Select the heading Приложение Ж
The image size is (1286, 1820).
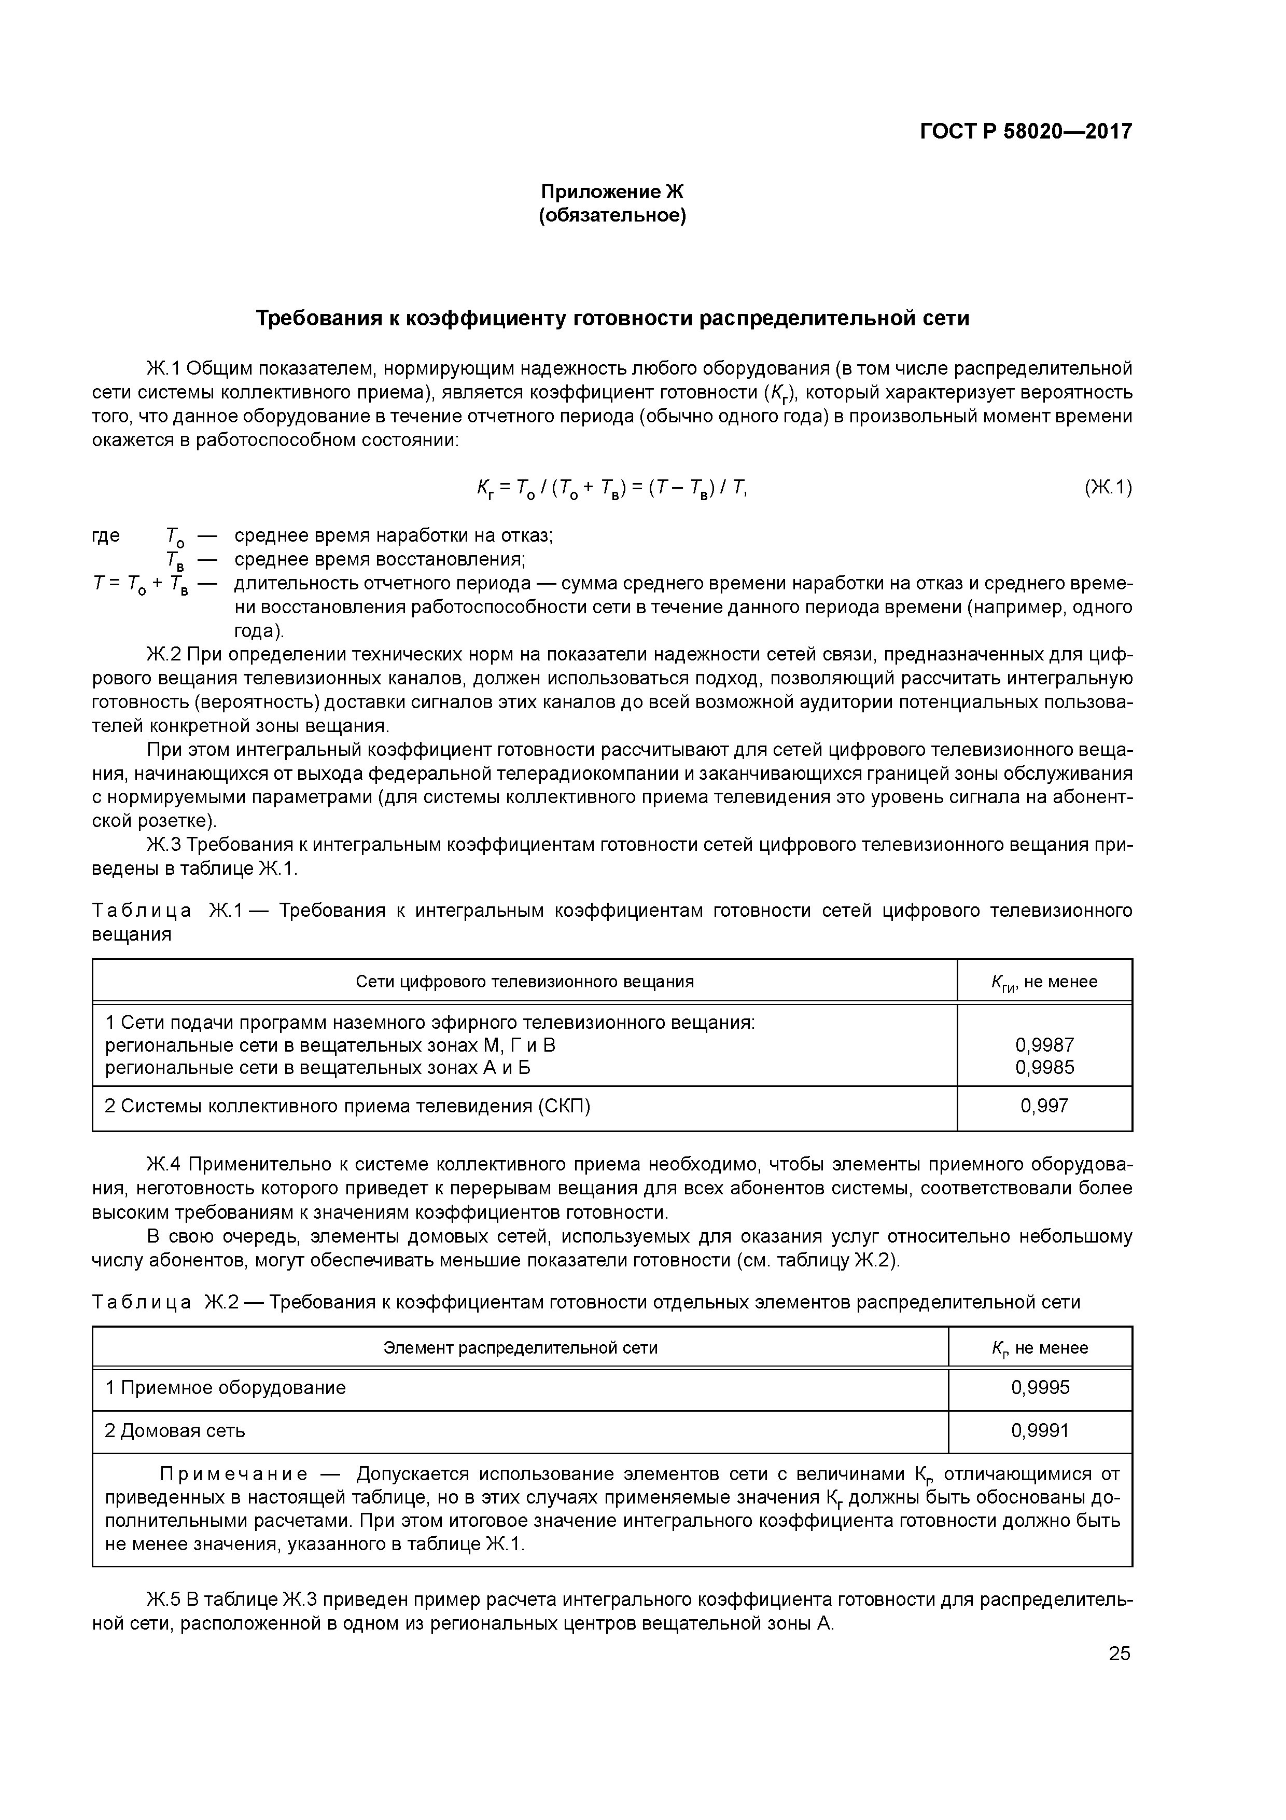click(x=612, y=192)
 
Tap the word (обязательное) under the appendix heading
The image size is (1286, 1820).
click(x=612, y=216)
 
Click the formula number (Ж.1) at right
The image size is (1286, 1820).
click(x=1108, y=488)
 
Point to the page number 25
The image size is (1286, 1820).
click(x=1120, y=1653)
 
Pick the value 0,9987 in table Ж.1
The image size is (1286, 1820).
click(x=1044, y=1045)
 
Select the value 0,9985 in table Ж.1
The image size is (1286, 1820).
click(x=1044, y=1068)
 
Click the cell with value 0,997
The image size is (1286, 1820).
click(x=1044, y=1106)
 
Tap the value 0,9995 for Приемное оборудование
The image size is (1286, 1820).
click(x=1040, y=1387)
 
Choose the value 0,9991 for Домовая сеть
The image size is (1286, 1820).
click(x=1040, y=1431)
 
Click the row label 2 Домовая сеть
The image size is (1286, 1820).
click(x=175, y=1431)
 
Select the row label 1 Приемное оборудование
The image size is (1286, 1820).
click(x=226, y=1387)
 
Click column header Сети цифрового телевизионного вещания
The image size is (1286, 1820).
click(x=525, y=982)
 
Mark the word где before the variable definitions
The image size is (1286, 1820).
click(x=106, y=536)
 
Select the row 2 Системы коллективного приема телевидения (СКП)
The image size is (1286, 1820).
click(x=348, y=1106)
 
